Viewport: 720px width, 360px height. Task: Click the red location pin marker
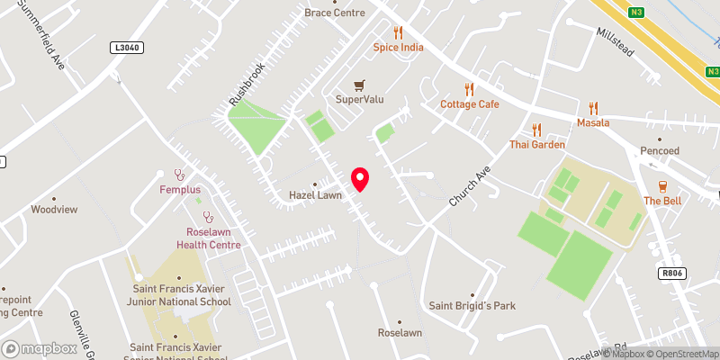coord(360,179)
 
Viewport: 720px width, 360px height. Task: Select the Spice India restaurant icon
coord(398,32)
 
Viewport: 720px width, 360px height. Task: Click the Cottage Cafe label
coord(469,104)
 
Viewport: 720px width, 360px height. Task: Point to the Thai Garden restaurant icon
coord(537,130)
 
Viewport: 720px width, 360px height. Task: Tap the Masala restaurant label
coord(593,122)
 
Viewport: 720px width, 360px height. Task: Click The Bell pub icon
coord(661,186)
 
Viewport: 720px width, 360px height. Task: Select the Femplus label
coord(179,190)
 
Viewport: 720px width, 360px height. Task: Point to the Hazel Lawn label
coord(315,194)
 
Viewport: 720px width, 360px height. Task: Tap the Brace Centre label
coord(335,13)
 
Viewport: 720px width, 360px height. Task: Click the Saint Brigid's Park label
coord(472,306)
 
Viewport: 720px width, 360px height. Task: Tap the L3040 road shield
coord(127,47)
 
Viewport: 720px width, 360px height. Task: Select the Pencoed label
coord(660,150)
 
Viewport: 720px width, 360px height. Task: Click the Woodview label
coord(54,209)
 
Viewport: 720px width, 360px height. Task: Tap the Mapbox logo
coord(40,348)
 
